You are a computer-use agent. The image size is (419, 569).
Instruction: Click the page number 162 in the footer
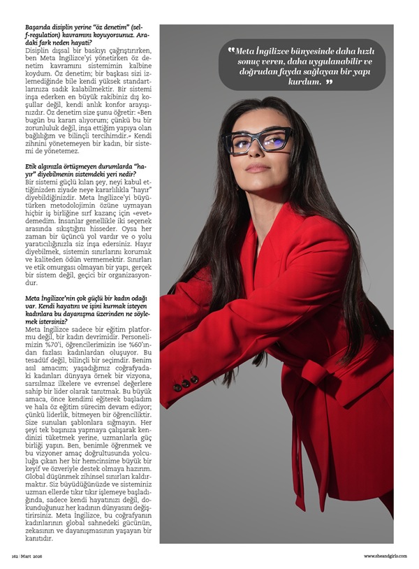click(x=13, y=556)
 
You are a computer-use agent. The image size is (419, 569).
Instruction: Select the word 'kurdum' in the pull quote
click(x=303, y=82)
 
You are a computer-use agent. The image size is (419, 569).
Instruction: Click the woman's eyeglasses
click(x=267, y=141)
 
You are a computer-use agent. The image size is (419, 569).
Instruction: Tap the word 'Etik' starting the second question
click(x=31, y=166)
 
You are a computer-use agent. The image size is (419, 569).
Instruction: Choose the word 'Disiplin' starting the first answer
click(x=38, y=52)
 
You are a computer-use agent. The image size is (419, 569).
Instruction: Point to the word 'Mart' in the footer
click(x=26, y=556)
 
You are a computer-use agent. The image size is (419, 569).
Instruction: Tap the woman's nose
click(x=258, y=153)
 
